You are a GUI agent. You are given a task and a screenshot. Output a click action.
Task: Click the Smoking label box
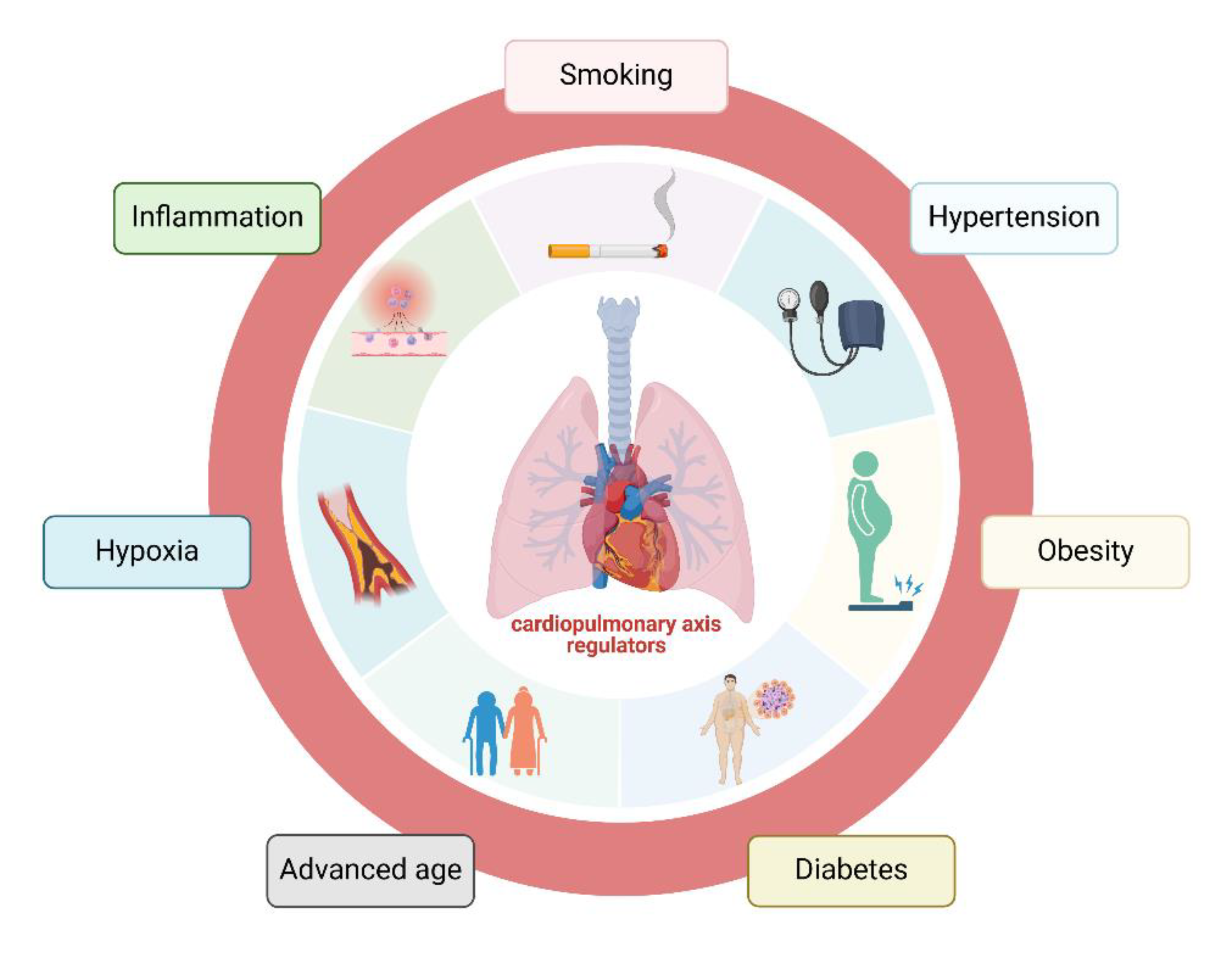point(616,76)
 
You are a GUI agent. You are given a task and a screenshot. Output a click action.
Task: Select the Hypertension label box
point(1013,218)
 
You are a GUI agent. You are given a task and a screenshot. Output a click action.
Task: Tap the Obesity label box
point(1084,551)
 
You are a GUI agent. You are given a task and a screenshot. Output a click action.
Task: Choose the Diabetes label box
point(851,870)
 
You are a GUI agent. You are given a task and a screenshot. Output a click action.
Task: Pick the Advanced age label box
point(371,870)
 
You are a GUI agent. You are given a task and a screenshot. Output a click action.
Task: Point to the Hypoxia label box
point(147,551)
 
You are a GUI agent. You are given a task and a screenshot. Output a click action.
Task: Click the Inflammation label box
point(217,218)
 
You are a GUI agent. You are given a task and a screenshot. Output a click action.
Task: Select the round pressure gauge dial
point(788,300)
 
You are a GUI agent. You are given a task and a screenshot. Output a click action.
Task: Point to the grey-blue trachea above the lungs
point(619,364)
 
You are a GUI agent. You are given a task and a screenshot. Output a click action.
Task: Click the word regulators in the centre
point(616,646)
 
